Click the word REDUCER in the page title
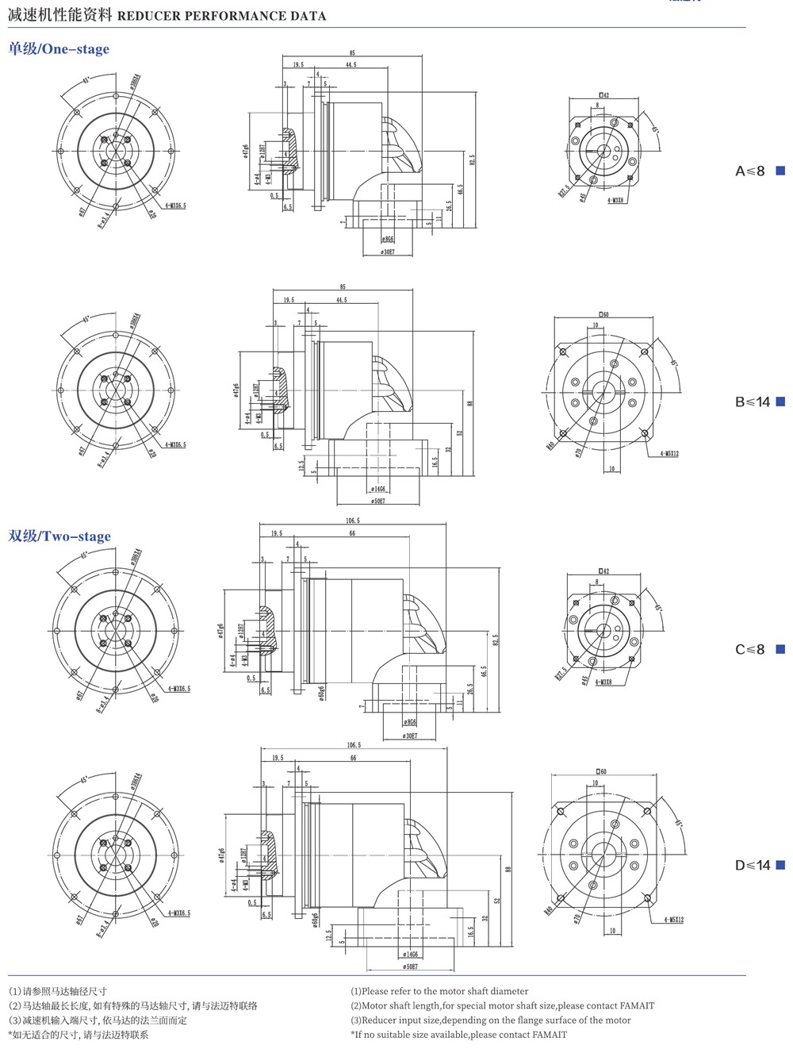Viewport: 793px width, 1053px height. click(148, 16)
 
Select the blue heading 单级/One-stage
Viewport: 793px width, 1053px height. click(59, 49)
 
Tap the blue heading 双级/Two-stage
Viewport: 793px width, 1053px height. click(59, 536)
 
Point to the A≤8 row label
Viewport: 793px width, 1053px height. click(749, 171)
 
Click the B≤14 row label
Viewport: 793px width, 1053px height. click(752, 402)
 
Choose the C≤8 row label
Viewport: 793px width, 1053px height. click(749, 649)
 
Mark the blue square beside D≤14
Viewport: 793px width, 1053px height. click(780, 865)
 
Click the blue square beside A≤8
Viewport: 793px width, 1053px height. click(780, 171)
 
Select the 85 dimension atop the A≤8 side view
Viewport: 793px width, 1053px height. click(352, 53)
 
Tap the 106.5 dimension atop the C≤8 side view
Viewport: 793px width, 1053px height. click(353, 521)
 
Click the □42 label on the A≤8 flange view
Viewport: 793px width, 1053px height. click(603, 95)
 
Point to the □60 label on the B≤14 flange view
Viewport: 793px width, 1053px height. click(603, 314)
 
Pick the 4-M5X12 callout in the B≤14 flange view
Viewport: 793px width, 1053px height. click(668, 454)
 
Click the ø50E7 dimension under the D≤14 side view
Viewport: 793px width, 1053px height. click(410, 967)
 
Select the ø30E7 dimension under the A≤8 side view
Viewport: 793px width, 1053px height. click(388, 252)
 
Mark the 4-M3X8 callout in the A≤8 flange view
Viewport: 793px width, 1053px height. click(615, 201)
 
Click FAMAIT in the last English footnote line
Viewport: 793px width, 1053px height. click(550, 1034)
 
